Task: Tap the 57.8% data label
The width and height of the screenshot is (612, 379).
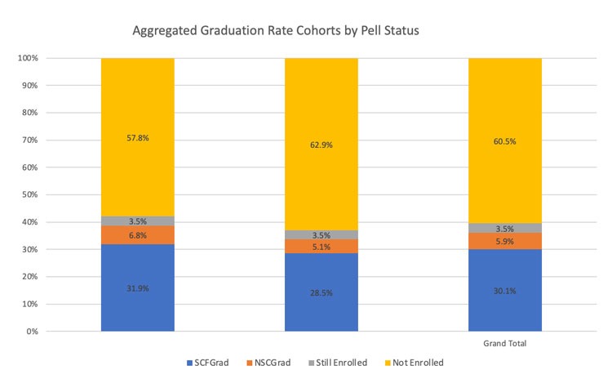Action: coord(137,139)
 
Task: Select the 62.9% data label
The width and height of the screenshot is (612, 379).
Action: coord(321,145)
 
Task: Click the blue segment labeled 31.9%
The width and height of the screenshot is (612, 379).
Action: coord(137,288)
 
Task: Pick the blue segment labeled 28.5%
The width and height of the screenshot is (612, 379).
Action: coord(321,292)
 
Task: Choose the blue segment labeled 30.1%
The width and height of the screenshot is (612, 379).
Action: coord(504,290)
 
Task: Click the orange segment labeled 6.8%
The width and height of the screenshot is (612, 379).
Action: coord(137,235)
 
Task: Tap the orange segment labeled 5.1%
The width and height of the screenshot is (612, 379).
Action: coord(321,245)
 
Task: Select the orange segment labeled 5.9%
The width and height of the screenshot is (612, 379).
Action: coord(504,241)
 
